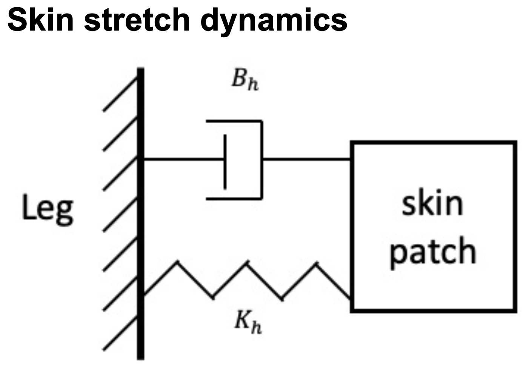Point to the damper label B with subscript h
(245, 81)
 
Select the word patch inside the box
(433, 252)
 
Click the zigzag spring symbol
(247, 281)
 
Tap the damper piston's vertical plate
(225, 161)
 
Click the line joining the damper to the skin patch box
(306, 159)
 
